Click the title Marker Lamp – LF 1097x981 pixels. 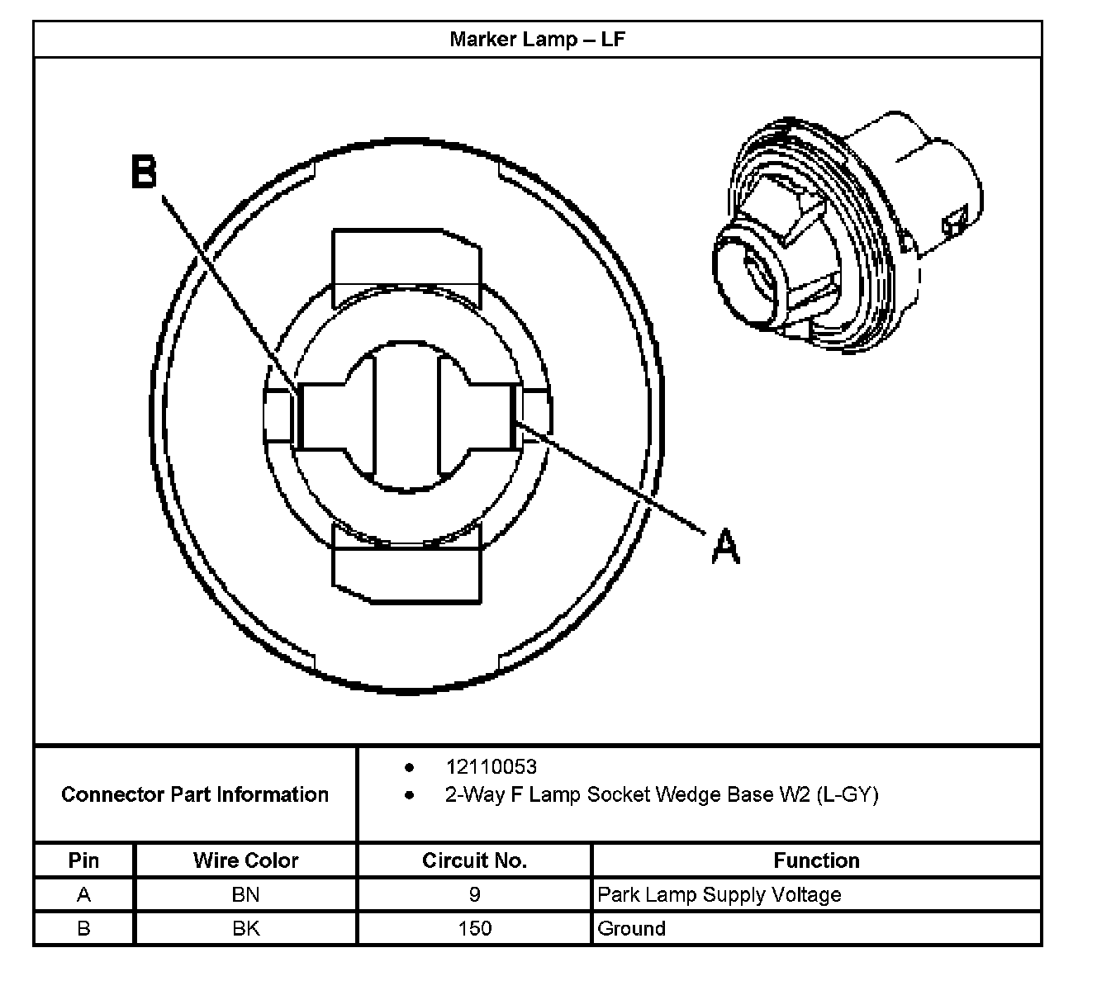(x=537, y=40)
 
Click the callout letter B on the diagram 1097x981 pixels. (x=145, y=173)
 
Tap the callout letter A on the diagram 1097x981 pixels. (x=725, y=547)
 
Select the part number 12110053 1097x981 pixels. (x=491, y=767)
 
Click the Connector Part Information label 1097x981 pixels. (x=195, y=794)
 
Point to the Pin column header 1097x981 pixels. (x=83, y=860)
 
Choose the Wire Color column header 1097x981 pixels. (x=245, y=860)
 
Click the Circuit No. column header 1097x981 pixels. (x=474, y=860)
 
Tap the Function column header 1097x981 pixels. (x=816, y=860)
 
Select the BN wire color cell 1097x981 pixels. (x=245, y=894)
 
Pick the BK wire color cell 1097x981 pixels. (x=245, y=928)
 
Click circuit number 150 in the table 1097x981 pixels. (x=474, y=928)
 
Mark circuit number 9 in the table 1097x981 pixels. (x=474, y=894)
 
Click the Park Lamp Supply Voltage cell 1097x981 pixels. (x=719, y=894)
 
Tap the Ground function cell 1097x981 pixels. (x=631, y=928)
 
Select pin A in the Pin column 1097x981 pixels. (x=83, y=894)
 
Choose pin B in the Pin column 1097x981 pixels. (x=83, y=928)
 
